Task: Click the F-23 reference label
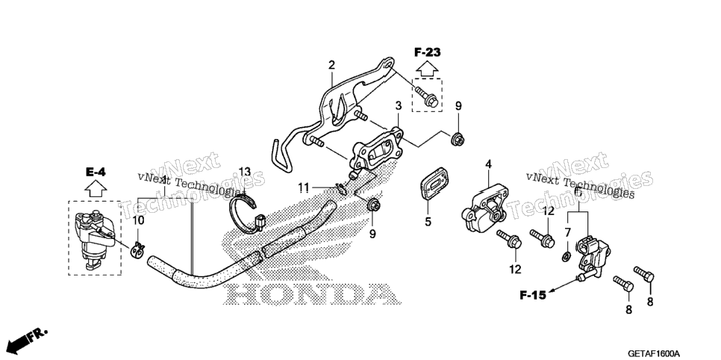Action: [427, 52]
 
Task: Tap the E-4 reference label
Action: [96, 173]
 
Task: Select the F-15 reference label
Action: [533, 295]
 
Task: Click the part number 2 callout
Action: [331, 66]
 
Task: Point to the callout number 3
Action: [399, 106]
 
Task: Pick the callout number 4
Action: [488, 164]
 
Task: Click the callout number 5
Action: [428, 222]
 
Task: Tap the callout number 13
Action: [245, 173]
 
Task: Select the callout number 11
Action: [303, 187]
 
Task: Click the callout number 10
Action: [138, 221]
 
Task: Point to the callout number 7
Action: [567, 232]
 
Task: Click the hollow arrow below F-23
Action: [427, 69]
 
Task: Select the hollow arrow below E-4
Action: [96, 189]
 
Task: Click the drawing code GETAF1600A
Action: [653, 353]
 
